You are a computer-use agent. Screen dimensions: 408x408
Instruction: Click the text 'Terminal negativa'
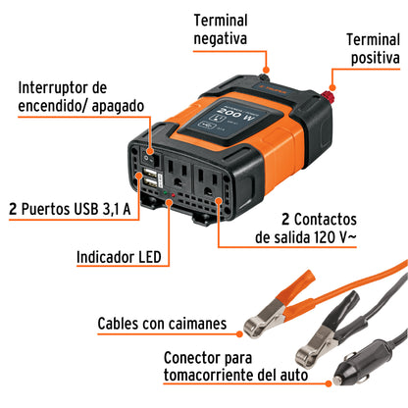coord(231,28)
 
